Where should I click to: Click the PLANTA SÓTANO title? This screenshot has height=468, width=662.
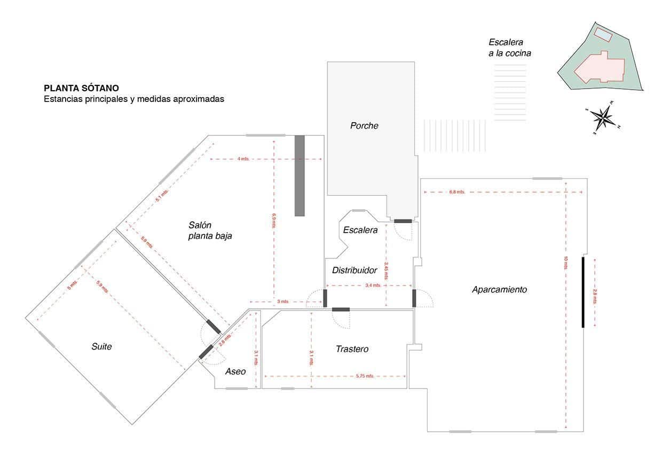(81, 88)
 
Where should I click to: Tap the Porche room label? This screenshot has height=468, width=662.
(364, 126)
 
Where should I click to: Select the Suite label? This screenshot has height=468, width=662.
(101, 347)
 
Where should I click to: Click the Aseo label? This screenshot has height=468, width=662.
(235, 371)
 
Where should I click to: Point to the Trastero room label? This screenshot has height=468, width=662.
(352, 349)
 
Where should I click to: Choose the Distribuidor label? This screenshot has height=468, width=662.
(354, 271)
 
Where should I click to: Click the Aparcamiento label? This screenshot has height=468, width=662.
(499, 290)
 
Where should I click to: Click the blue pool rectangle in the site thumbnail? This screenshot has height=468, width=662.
(603, 35)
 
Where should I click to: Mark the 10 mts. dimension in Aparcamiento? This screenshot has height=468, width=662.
(565, 263)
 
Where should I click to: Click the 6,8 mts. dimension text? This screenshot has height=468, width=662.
(457, 192)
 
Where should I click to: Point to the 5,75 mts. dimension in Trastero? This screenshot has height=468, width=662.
(365, 376)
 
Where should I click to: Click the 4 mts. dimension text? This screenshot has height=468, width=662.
(243, 159)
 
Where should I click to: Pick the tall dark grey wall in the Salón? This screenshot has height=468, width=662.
(300, 176)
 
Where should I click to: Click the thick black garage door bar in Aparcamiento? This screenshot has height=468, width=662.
(583, 292)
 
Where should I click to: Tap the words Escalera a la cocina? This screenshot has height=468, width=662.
(509, 47)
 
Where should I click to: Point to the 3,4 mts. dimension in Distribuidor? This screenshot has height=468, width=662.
(372, 285)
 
